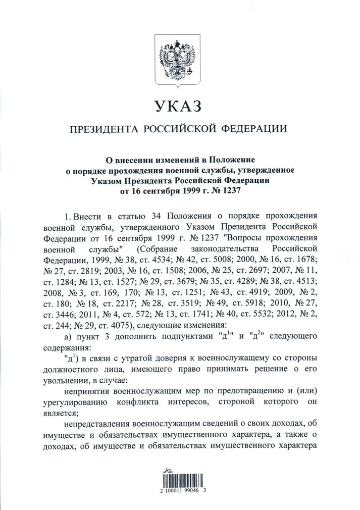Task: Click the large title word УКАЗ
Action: coord(180,107)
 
